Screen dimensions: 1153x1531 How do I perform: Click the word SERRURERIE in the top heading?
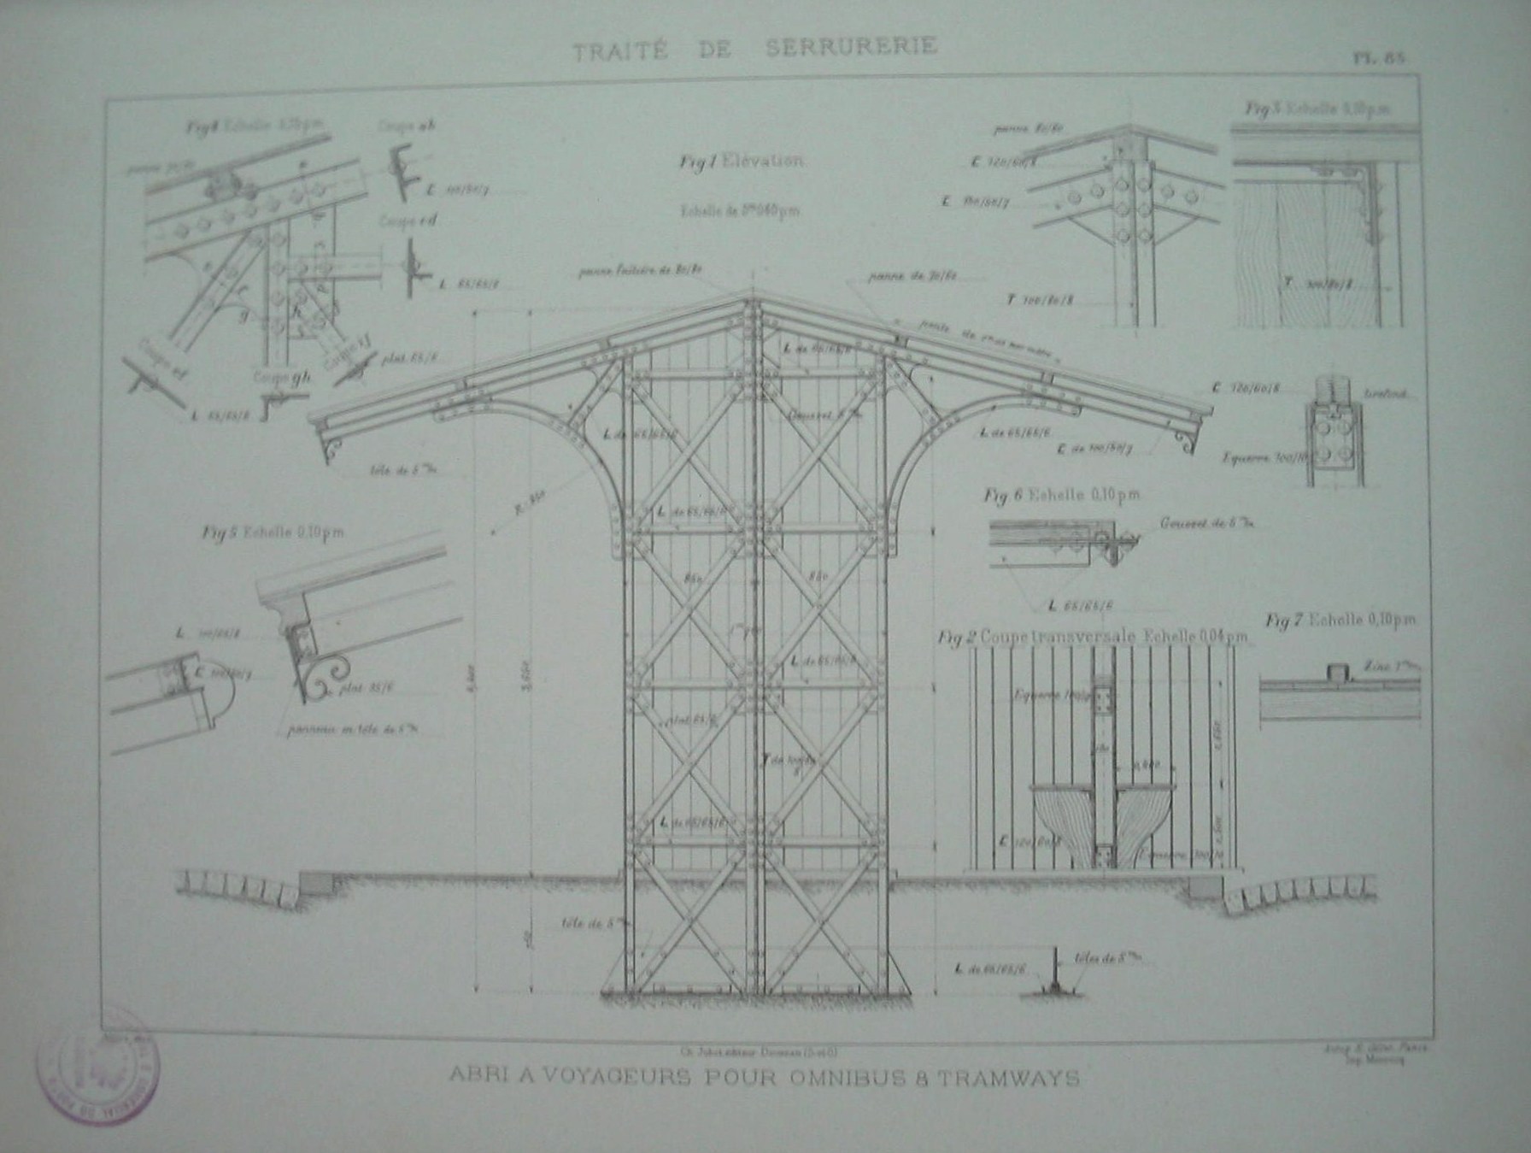(845, 46)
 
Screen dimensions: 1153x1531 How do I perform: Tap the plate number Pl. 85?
(1378, 58)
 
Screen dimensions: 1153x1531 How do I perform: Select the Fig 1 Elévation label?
(741, 163)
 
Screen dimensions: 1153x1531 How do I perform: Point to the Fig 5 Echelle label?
(273, 533)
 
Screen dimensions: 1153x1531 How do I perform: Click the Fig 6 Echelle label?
(1061, 496)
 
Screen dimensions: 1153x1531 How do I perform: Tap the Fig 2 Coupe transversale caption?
(1093, 638)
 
